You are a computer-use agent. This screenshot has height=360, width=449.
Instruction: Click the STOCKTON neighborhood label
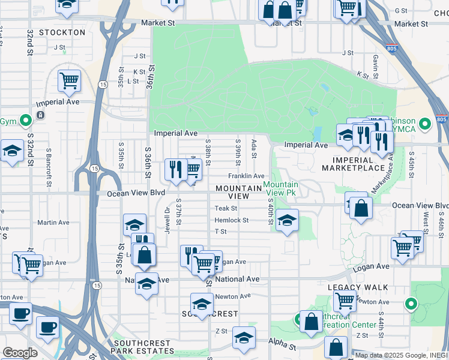[62, 32]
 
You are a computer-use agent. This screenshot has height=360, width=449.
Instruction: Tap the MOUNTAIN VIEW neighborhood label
[239, 192]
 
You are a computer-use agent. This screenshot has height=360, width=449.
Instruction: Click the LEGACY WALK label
[358, 287]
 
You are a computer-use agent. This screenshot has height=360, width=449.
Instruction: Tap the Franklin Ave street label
[246, 176]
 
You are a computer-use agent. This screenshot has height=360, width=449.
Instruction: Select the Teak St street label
[226, 208]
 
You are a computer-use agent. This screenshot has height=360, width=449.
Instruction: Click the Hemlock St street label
[231, 220]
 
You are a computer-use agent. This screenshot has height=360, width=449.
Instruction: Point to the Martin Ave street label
[53, 222]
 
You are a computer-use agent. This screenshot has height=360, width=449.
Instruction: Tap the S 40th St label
[271, 213]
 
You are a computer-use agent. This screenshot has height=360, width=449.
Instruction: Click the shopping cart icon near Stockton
[70, 80]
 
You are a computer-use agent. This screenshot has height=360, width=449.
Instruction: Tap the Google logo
[20, 353]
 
